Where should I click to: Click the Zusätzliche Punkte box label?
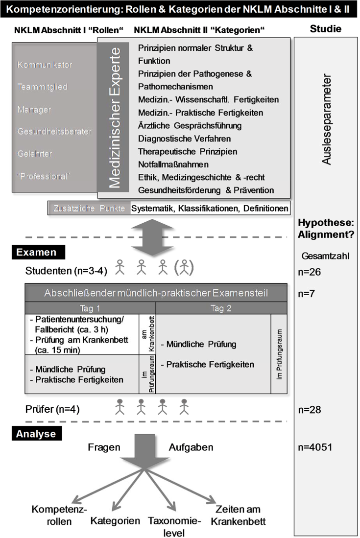[89, 209]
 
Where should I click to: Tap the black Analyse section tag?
[36, 433]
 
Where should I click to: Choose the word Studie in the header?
[326, 29]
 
